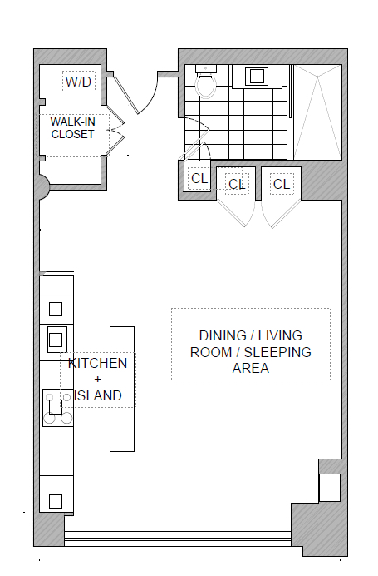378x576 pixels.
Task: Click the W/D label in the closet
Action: tap(78, 82)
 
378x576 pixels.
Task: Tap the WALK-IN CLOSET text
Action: tap(72, 128)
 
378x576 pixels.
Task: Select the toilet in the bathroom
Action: tap(206, 82)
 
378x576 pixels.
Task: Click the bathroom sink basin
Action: tap(257, 77)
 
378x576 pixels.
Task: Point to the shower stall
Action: tap(318, 112)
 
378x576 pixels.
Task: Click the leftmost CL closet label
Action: tap(199, 178)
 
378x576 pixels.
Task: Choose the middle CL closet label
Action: tap(237, 184)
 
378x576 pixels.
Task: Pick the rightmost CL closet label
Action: tap(282, 184)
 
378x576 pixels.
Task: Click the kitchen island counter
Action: tap(122, 389)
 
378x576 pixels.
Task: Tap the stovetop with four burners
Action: tap(58, 408)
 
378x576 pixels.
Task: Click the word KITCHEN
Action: tap(97, 363)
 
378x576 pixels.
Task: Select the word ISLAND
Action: tap(98, 395)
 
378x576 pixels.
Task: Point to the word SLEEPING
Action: tap(277, 352)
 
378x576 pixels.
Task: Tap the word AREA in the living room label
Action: tap(251, 368)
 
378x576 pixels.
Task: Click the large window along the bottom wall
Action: tap(178, 539)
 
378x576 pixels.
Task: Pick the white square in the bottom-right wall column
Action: tap(330, 488)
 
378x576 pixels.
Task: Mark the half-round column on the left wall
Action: tap(44, 186)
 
